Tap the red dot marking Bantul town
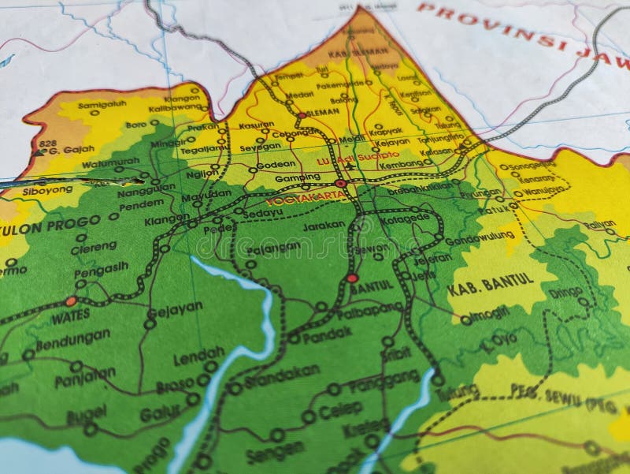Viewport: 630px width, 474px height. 352,278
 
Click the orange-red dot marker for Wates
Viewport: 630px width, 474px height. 71,300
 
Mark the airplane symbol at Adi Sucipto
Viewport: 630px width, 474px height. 350,167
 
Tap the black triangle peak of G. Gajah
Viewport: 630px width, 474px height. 39,151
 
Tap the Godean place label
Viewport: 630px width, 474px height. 276,164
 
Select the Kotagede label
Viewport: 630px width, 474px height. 407,218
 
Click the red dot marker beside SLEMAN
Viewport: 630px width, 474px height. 301,115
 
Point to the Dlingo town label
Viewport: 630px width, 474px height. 565,292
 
